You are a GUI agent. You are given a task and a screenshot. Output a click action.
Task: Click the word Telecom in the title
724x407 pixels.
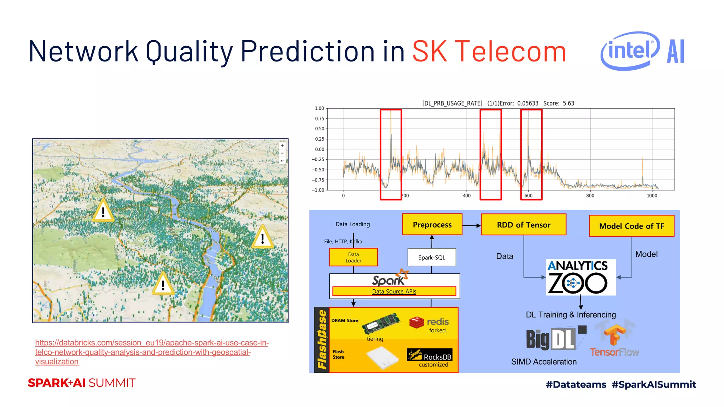tap(510, 52)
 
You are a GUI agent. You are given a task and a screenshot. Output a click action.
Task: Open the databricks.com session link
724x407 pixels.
tap(152, 352)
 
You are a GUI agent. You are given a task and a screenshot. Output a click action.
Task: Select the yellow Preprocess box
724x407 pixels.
tap(432, 225)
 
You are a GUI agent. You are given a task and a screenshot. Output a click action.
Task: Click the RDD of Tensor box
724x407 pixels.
tap(523, 225)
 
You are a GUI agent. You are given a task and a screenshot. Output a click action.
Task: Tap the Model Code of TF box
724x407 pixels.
tap(631, 226)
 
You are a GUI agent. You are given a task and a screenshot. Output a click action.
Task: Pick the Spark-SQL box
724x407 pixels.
tap(432, 258)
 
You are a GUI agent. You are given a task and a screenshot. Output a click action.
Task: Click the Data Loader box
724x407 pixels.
tap(353, 257)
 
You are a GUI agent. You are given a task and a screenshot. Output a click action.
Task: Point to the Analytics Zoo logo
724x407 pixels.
tap(580, 277)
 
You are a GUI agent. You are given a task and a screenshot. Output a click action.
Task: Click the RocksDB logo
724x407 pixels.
tap(430, 355)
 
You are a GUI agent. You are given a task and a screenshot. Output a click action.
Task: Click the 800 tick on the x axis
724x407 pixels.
tap(590, 196)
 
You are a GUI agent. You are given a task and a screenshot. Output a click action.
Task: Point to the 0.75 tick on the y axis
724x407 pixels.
tap(320, 119)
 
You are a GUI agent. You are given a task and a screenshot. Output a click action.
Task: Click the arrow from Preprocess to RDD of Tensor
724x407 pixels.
tap(471, 225)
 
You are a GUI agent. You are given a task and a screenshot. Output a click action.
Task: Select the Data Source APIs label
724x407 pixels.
tap(394, 291)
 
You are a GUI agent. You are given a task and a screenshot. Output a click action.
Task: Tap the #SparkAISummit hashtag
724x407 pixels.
tap(654, 384)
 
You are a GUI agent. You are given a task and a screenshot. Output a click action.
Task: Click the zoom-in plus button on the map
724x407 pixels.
tap(282, 146)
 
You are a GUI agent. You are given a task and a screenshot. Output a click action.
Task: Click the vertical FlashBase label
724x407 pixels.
tap(322, 340)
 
